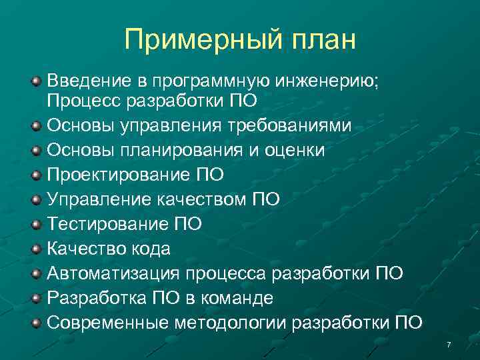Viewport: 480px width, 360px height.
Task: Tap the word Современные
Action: click(x=107, y=323)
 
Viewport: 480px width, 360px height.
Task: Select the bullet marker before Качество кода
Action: click(x=37, y=249)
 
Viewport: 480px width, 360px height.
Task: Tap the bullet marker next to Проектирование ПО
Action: click(x=37, y=175)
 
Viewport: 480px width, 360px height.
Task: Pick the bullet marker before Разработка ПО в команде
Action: click(x=37, y=297)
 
